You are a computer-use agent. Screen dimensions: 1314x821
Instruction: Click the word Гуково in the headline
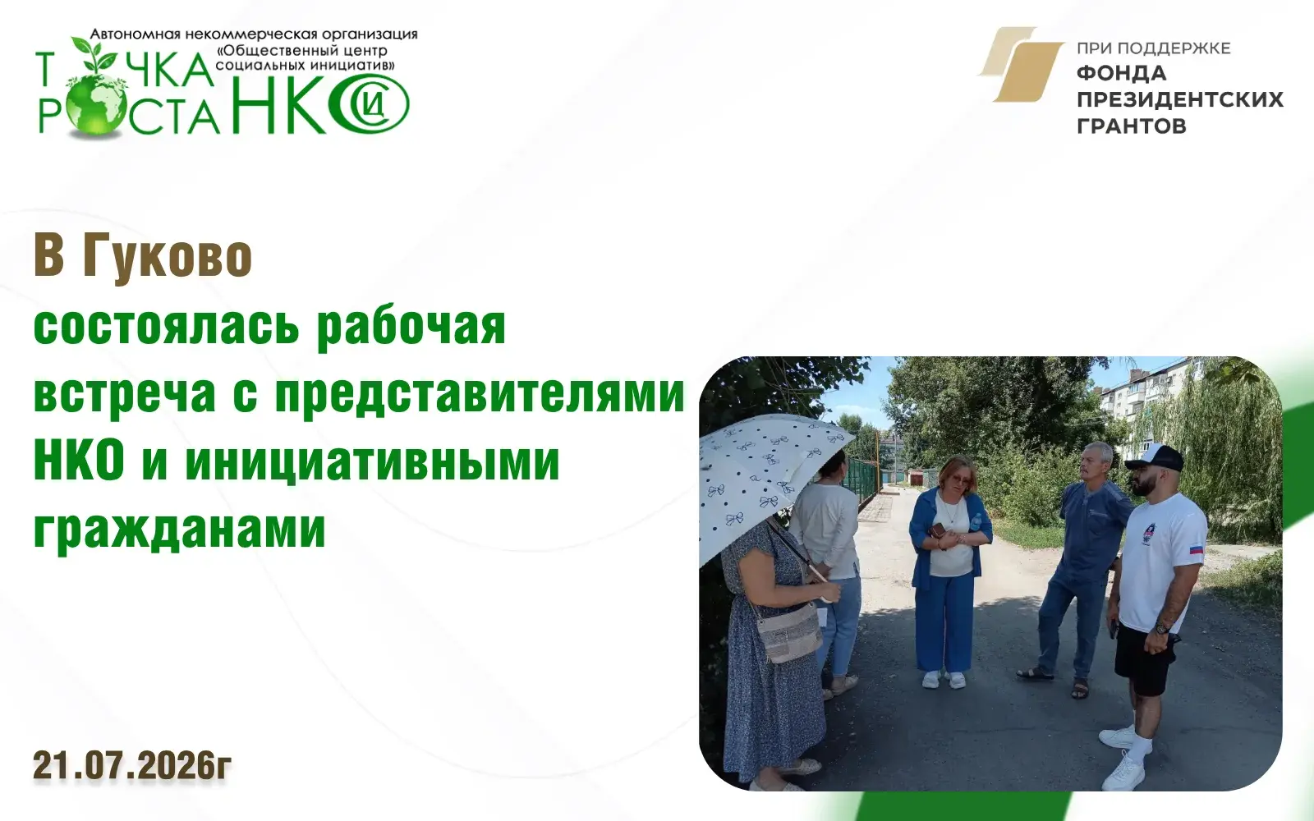coord(168,256)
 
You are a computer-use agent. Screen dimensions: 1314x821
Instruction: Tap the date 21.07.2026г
coord(132,765)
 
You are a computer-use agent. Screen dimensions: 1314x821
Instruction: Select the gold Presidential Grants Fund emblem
coord(1022,65)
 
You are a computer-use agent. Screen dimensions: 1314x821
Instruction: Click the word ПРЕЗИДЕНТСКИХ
coord(1180,99)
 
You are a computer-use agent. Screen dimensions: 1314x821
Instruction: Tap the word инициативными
coord(373,462)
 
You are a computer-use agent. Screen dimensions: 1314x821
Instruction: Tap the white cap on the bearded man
coord(1153,456)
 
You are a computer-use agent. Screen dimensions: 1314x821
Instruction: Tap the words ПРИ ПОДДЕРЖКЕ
coord(1153,48)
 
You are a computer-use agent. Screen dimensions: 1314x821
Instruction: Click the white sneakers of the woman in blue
coord(944,679)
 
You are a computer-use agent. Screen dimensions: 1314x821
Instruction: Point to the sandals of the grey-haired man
coord(1056,681)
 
